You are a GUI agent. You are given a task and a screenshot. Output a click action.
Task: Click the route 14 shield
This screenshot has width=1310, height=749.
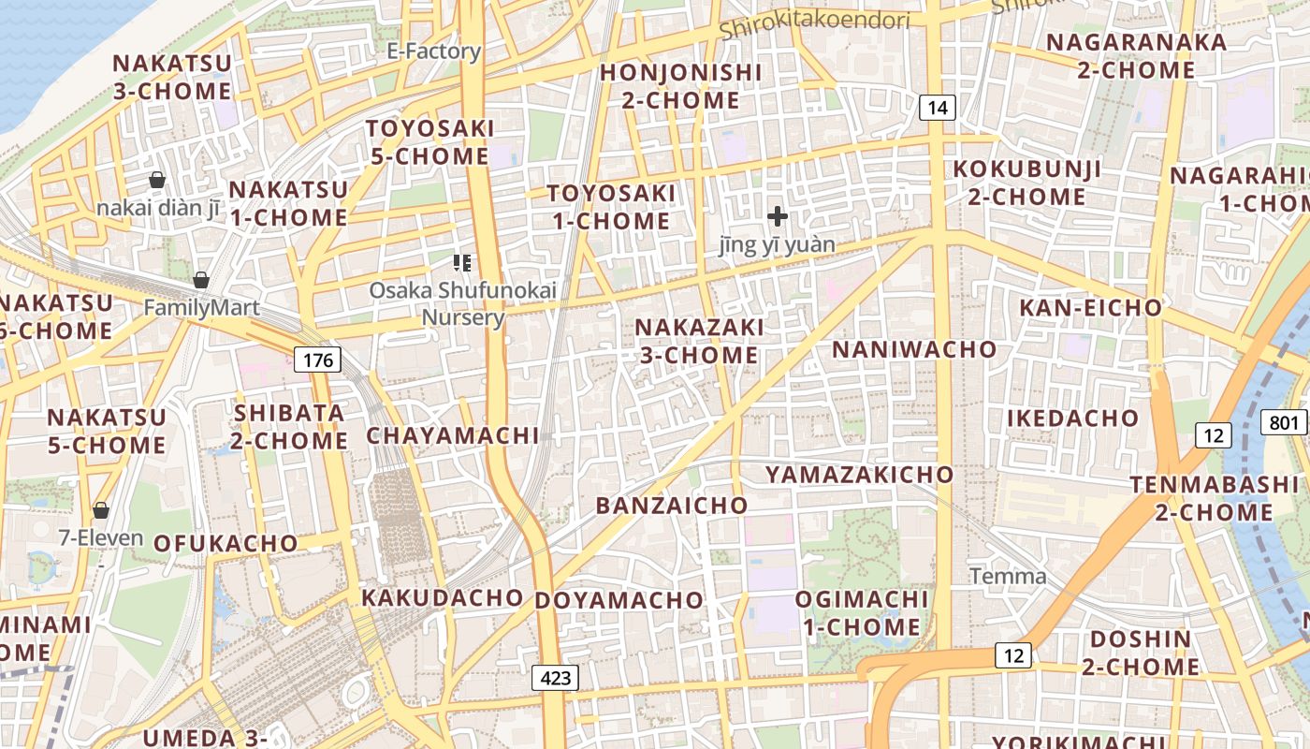938,108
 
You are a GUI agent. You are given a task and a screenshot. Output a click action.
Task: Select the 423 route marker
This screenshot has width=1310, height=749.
556,678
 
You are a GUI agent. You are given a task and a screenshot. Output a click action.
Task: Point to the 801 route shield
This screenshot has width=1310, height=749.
1285,422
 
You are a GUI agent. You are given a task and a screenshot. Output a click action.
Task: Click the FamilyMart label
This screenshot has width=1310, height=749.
201,307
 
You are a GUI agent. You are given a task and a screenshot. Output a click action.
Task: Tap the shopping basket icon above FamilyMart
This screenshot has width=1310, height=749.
200,279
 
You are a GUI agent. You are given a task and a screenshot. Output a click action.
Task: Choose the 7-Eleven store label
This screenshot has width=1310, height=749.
101,537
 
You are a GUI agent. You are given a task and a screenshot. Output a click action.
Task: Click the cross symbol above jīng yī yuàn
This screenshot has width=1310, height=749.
777,217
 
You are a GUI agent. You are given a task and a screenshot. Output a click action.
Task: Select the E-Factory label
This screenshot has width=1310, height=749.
434,51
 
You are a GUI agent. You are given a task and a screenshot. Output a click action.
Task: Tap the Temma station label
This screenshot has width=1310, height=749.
1008,576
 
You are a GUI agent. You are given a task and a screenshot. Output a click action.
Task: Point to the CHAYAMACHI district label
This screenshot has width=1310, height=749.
453,435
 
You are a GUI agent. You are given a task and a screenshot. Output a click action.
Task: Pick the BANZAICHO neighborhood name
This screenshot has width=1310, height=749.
672,506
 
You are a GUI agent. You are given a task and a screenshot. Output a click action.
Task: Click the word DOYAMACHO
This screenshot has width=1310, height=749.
619,600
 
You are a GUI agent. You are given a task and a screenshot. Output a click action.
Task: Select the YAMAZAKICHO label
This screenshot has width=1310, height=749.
860,475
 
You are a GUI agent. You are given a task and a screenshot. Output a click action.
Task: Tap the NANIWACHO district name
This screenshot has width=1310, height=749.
914,349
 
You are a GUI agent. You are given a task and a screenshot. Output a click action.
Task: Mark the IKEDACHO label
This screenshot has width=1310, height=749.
1072,419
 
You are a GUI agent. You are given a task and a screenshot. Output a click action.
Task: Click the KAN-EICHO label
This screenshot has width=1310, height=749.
1090,307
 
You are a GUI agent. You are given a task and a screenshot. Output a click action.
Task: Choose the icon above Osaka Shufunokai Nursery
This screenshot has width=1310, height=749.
461,263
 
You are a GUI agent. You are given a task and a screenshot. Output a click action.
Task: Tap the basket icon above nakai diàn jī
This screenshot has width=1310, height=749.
157,179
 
